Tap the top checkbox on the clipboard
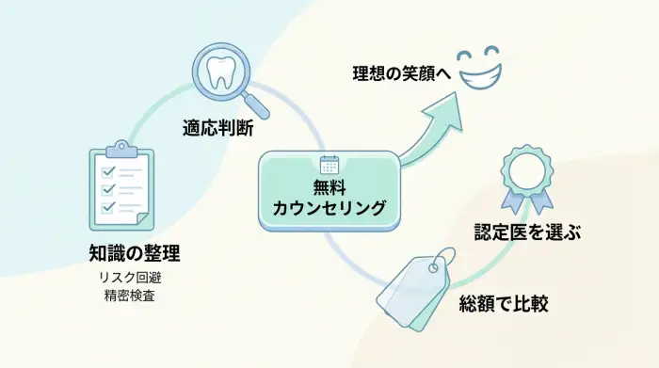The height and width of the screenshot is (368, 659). (108, 170)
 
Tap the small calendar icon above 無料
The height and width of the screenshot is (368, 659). (329, 163)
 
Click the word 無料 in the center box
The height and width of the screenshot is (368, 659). (329, 185)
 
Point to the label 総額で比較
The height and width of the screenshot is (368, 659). (504, 304)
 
